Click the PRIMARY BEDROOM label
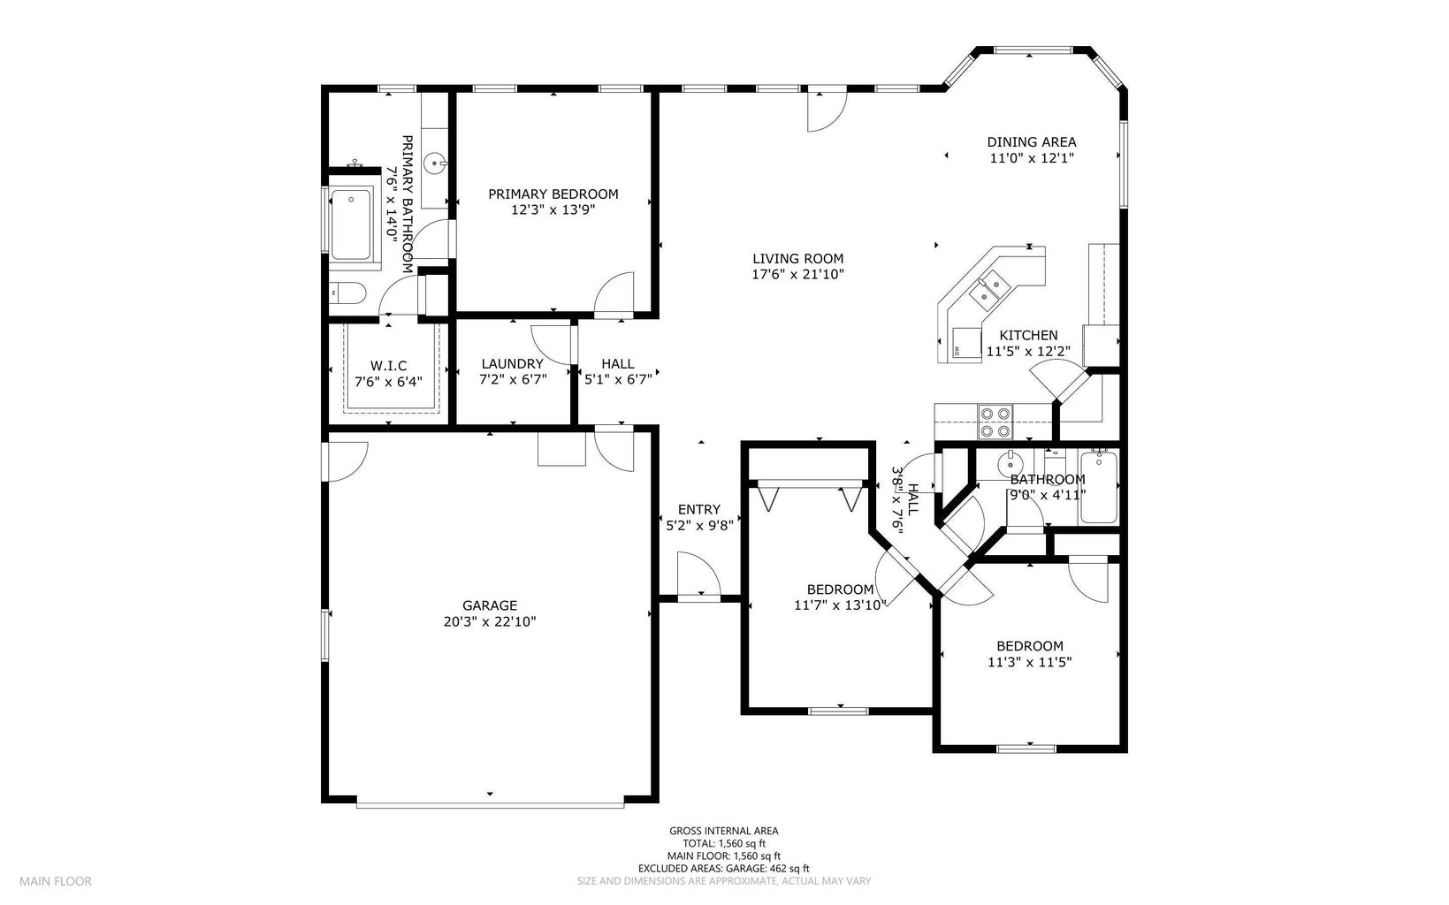553,194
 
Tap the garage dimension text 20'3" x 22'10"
490,621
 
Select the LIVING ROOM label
797,259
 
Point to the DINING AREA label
1031,142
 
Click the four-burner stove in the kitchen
995,422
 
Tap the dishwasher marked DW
966,344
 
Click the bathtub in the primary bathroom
351,224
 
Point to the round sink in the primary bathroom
435,163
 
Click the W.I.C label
388,366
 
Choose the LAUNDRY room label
513,364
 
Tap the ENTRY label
698,510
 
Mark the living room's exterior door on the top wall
827,110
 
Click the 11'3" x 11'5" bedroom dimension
1030,663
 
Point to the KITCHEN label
1028,336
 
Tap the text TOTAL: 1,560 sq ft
724,843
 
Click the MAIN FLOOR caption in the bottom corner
56,882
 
